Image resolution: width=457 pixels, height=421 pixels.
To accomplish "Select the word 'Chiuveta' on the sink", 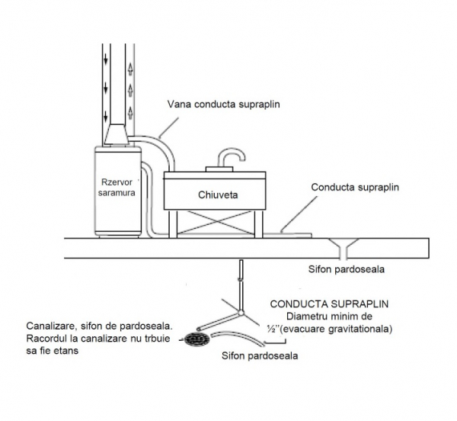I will click(x=219, y=194).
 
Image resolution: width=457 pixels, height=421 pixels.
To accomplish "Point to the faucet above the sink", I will click(x=229, y=157).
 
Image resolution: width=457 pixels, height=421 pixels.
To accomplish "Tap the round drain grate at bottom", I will click(x=197, y=339).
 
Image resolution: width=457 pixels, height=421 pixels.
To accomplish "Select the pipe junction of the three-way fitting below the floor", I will click(x=241, y=312).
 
